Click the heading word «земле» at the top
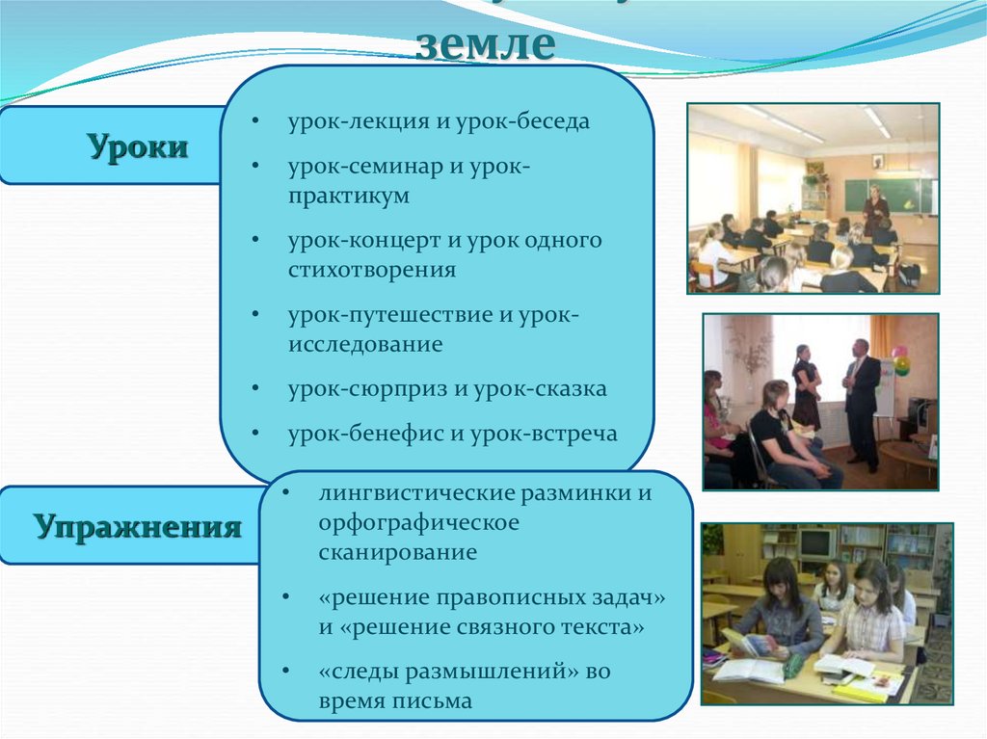(x=486, y=43)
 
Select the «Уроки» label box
(x=138, y=147)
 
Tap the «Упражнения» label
(x=138, y=527)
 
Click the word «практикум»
(x=348, y=196)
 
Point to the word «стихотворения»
(x=371, y=270)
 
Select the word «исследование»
(x=364, y=344)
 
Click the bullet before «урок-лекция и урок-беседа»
(x=253, y=123)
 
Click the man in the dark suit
(x=861, y=400)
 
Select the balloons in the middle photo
(x=900, y=360)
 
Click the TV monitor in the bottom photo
(x=815, y=545)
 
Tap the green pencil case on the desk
(x=793, y=666)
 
